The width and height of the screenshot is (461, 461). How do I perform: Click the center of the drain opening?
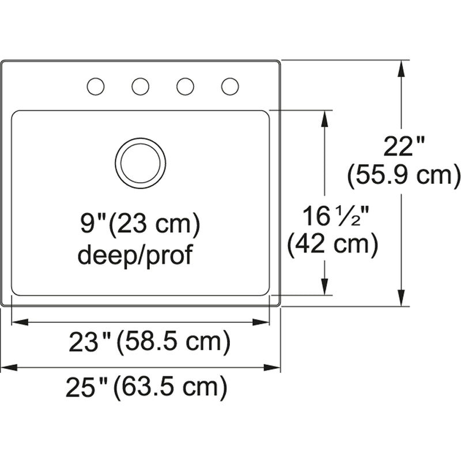140,163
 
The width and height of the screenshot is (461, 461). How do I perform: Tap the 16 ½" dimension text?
336,216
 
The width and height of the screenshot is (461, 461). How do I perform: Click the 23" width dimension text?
90,342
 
